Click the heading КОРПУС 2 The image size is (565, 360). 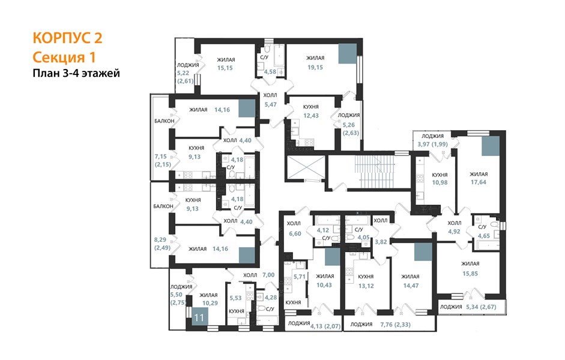tap(67, 38)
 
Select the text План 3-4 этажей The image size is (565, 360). tap(76, 73)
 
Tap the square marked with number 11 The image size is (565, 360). tap(199, 317)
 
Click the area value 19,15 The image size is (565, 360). tap(315, 67)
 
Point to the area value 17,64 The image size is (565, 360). tap(478, 182)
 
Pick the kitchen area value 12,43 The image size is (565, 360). tap(311, 116)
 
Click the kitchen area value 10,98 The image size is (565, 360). tap(440, 182)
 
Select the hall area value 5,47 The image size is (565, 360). tap(270, 104)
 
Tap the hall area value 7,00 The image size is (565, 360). tap(268, 275)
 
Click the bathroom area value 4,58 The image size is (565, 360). tap(270, 72)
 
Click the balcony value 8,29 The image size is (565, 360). tap(160, 240)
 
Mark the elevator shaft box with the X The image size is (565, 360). tap(305, 167)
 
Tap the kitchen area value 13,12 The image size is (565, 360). tap(366, 286)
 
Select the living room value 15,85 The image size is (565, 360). tap(470, 274)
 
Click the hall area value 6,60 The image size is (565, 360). tap(295, 233)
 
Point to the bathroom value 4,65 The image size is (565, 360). tap(483, 236)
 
